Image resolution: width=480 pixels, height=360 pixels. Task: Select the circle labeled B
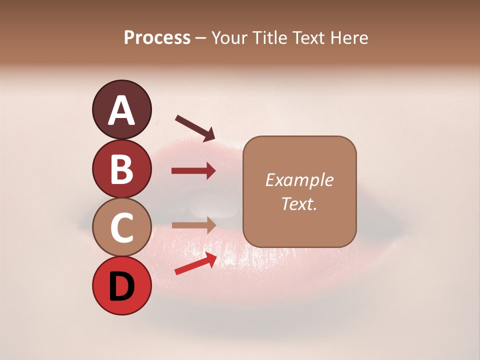point(121,168)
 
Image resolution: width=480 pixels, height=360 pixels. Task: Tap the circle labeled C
point(121,227)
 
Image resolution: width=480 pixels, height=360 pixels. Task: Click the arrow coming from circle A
point(195,127)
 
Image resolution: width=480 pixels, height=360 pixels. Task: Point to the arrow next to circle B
point(193,171)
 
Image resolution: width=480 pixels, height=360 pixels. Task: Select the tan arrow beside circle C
point(193,225)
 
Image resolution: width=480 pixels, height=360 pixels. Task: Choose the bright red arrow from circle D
point(195,263)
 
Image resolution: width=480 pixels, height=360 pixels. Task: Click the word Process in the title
point(157,38)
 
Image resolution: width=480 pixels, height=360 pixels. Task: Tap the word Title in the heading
point(274,38)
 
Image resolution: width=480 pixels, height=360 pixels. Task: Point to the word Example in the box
point(299,180)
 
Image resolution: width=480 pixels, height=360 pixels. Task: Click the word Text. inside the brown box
point(299,203)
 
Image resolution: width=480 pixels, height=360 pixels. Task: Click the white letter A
point(121,110)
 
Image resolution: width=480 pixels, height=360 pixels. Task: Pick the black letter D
point(121,286)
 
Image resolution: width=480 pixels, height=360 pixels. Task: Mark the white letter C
point(121,227)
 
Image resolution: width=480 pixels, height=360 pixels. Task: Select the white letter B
point(121,168)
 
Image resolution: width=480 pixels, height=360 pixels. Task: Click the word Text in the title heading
point(311,38)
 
